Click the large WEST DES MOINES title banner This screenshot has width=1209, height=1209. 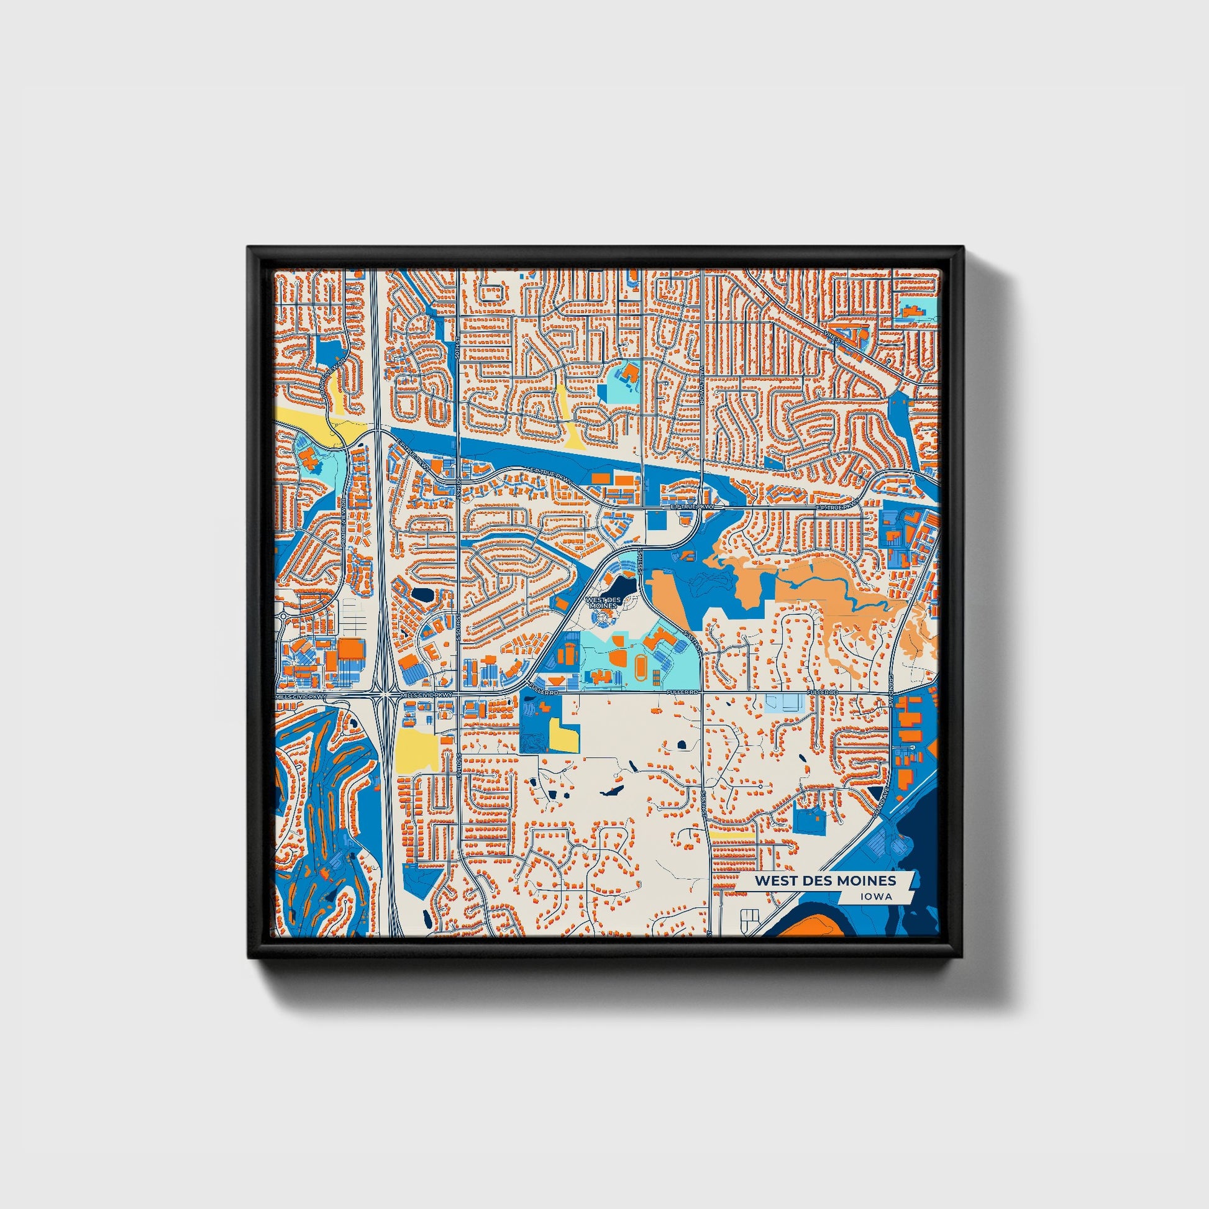tap(825, 880)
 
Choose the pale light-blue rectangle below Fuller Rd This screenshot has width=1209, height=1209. tap(785, 703)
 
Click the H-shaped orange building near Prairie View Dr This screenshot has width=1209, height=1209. tap(308, 460)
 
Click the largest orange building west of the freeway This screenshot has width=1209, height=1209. tap(352, 651)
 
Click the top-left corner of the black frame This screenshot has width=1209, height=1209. tap(250, 248)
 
